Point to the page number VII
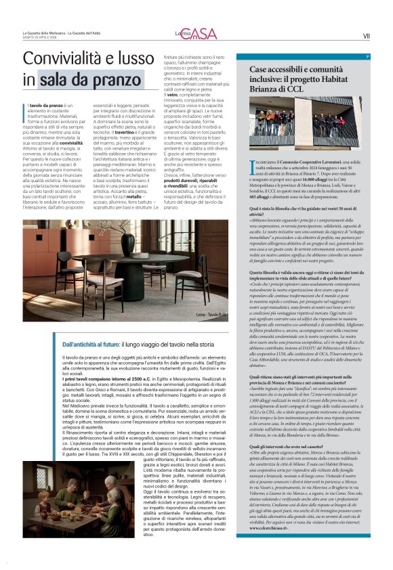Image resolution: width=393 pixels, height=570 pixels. (x=366, y=36)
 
